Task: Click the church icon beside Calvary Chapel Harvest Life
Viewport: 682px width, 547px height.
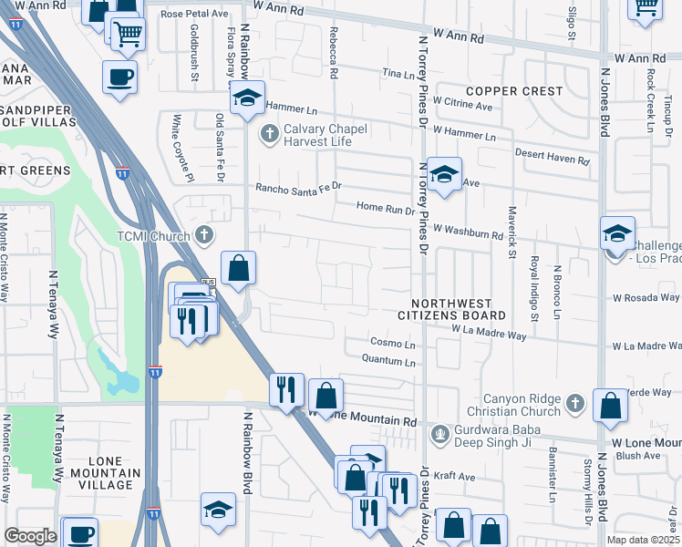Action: click(x=269, y=135)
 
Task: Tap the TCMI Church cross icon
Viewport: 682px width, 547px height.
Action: click(x=204, y=235)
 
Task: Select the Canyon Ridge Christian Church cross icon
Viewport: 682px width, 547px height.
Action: click(x=573, y=402)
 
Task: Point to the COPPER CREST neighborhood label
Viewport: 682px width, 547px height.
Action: click(x=513, y=91)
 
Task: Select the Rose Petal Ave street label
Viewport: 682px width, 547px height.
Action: click(x=194, y=15)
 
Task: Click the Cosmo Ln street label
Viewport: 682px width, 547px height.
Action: click(x=393, y=344)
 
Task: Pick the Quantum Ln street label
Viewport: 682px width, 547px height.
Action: click(x=387, y=362)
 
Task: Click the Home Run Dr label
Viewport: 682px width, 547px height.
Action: click(x=386, y=208)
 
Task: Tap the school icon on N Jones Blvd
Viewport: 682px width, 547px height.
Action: click(x=617, y=232)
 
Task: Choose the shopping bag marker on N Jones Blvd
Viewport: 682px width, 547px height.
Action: click(x=610, y=404)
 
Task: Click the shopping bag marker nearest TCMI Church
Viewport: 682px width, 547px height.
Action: click(x=238, y=268)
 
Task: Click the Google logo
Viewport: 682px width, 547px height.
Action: click(x=30, y=536)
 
